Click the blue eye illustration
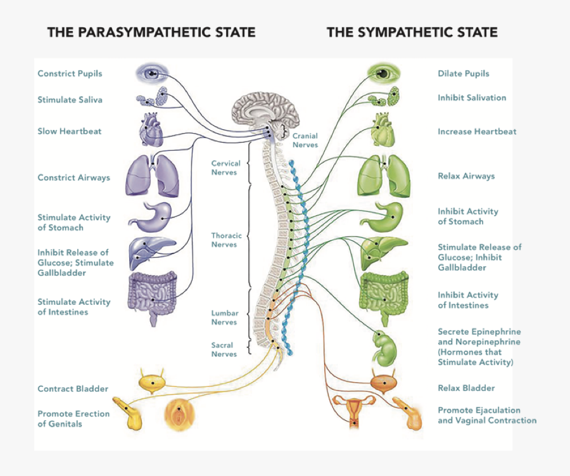click(152, 74)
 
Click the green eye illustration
click(384, 74)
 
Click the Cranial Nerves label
click(305, 140)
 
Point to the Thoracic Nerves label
click(226, 240)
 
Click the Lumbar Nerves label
click(224, 318)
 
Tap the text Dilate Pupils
click(463, 74)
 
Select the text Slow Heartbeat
click(69, 131)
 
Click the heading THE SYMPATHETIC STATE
click(412, 32)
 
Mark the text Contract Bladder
click(73, 389)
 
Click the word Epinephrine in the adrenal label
click(496, 331)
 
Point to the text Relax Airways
click(465, 176)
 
